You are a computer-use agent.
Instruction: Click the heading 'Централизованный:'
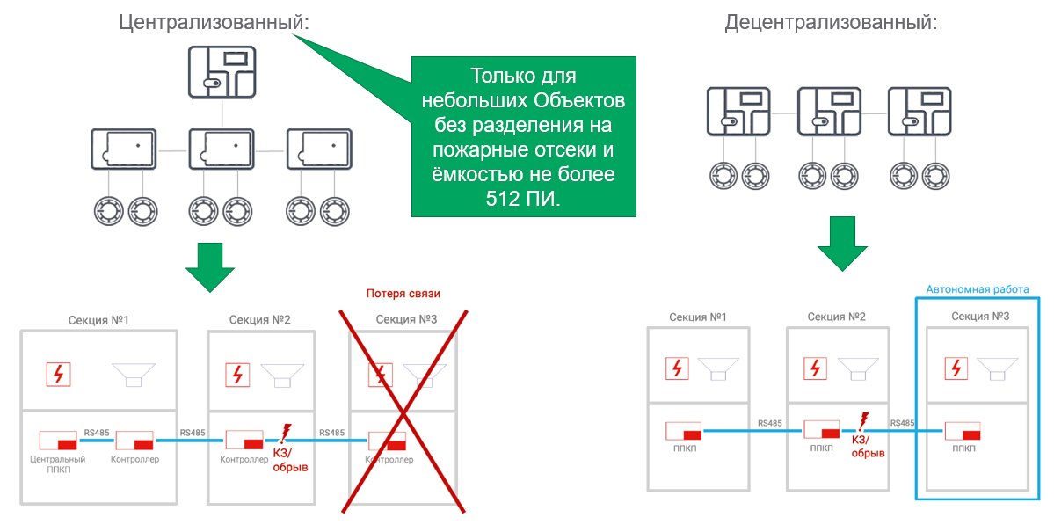(214, 22)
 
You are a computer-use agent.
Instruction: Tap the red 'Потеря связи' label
(403, 293)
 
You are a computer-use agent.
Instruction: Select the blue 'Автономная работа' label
(978, 288)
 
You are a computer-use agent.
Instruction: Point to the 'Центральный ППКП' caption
(58, 463)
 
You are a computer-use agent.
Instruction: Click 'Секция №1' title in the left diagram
(98, 319)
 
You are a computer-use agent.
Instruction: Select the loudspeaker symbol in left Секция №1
(134, 375)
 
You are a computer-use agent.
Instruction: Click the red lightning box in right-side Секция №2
(817, 368)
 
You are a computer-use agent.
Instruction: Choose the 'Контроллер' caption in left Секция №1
(135, 459)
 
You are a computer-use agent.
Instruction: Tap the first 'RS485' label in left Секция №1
(96, 432)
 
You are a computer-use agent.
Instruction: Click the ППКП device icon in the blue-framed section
(963, 431)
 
